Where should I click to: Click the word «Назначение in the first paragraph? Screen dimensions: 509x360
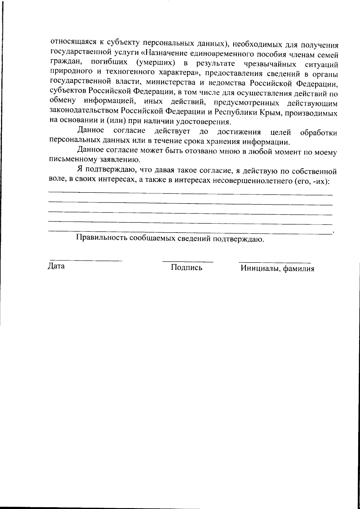pyautogui.click(x=163, y=54)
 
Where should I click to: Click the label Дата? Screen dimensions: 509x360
pyautogui.click(x=56, y=266)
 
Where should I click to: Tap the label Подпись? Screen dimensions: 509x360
pyautogui.click(x=186, y=267)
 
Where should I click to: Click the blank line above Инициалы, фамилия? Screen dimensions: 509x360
pyautogui.click(x=274, y=262)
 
